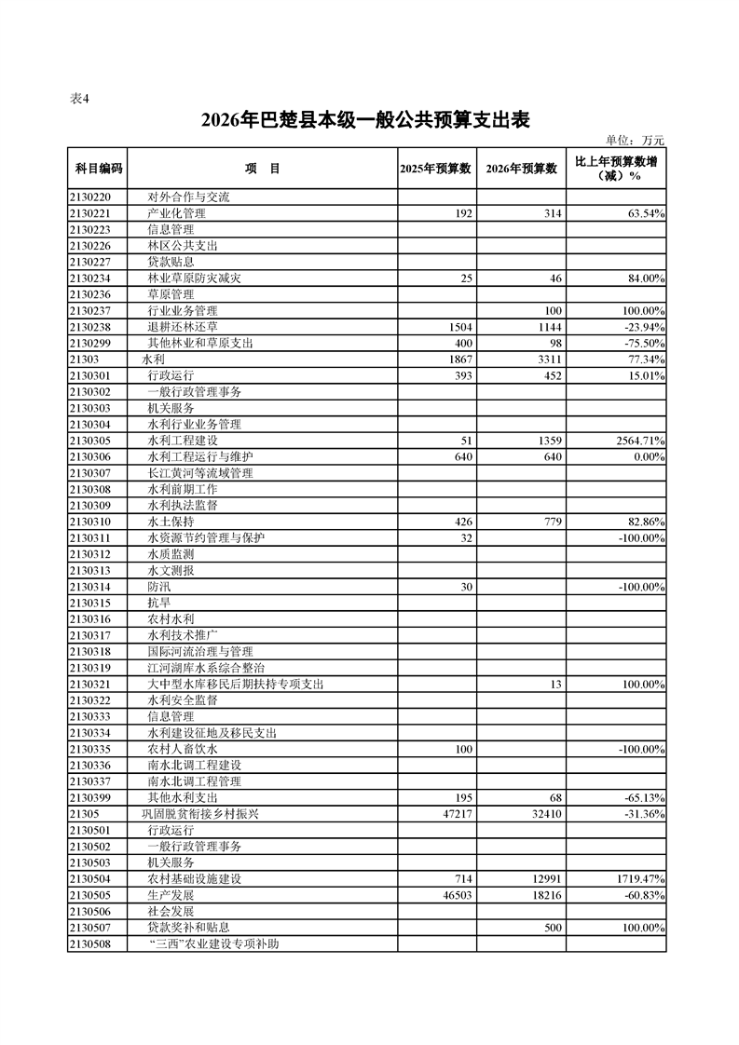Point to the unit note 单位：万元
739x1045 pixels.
click(635, 141)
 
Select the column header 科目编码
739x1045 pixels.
click(97, 169)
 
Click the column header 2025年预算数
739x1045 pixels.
click(436, 169)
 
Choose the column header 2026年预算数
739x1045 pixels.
click(522, 169)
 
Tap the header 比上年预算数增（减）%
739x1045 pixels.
click(616, 168)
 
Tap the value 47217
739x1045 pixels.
click(457, 814)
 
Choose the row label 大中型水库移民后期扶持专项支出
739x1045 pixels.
click(236, 685)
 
